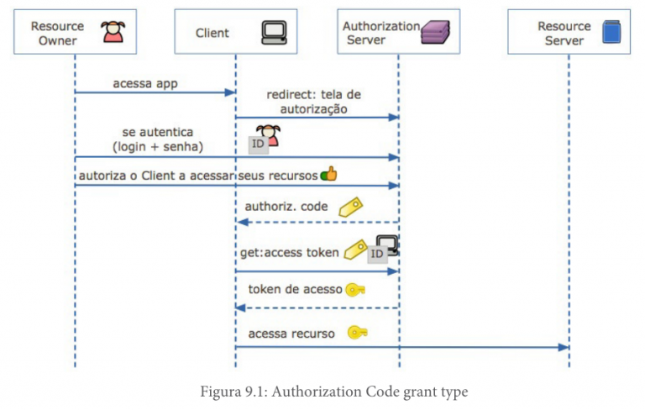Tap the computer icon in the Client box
(x=274, y=33)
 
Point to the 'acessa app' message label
(x=145, y=83)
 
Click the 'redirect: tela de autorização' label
(x=312, y=102)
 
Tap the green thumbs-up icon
(x=328, y=174)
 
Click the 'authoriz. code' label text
(x=286, y=206)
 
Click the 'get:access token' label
(x=290, y=252)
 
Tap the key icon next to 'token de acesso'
(x=355, y=289)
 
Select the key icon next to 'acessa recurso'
(x=357, y=333)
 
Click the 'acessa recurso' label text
(x=291, y=334)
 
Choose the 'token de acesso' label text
(x=295, y=289)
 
